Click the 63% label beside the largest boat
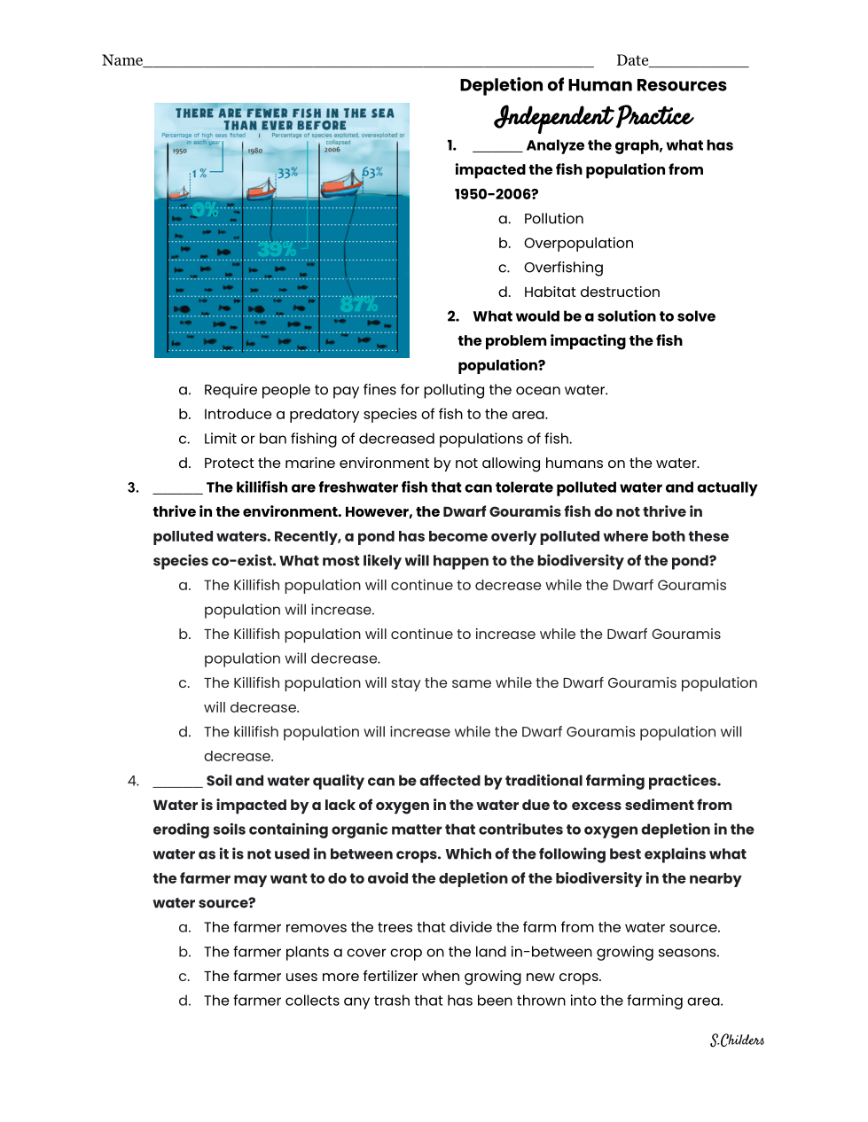pos(372,172)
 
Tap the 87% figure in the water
pos(359,305)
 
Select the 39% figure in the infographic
pos(276,250)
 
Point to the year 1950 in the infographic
pos(180,152)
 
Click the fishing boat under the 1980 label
pos(261,188)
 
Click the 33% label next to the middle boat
pos(287,173)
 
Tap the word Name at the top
pos(122,60)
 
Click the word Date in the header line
pos(632,60)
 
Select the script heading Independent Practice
pos(593,116)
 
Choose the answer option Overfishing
pos(563,268)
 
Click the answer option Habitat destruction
pos(591,292)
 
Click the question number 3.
pos(133,487)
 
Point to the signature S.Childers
pos(737,1040)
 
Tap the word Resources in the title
pos(684,85)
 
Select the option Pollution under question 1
pos(553,219)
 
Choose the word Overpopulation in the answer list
pos(578,243)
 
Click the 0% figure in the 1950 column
pos(205,209)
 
